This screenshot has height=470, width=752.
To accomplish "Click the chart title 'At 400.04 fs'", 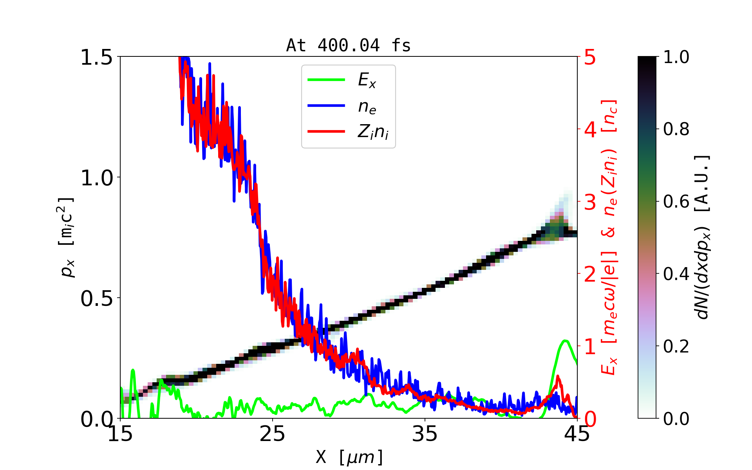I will [x=348, y=45].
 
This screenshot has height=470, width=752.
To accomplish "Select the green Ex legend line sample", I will [x=326, y=80].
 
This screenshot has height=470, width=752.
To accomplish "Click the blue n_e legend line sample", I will [x=326, y=106].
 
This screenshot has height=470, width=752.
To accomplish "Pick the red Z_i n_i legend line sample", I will [x=326, y=132].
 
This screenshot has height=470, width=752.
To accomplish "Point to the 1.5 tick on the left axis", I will [x=96, y=58].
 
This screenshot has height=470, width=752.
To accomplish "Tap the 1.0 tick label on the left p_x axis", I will [x=96, y=178].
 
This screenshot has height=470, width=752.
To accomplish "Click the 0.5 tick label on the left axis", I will [x=96, y=299].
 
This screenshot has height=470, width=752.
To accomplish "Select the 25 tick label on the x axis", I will [x=273, y=434].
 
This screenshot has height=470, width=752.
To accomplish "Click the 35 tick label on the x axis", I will [x=425, y=434].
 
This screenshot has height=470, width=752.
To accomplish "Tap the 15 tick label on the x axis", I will [x=120, y=434].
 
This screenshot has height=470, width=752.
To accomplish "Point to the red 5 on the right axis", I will [x=590, y=58].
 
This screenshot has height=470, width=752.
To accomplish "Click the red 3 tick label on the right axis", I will [x=590, y=202].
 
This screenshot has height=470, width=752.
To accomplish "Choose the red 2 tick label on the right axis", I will [x=590, y=275].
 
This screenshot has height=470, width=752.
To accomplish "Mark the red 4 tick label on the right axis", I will [x=590, y=130].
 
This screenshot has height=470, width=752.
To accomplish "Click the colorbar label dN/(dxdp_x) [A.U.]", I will [x=703, y=237].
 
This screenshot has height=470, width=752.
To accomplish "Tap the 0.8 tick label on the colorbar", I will [x=676, y=129].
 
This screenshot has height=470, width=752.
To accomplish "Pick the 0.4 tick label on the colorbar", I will [x=676, y=274].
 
